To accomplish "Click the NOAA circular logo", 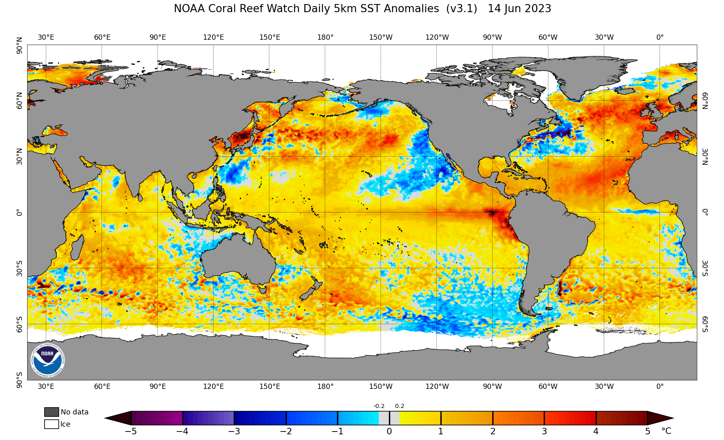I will [x=47, y=360].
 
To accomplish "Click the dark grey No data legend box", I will [x=51, y=412].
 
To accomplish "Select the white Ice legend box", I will [x=51, y=424].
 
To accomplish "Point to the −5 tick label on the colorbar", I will [x=130, y=431].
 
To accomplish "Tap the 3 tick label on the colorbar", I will [x=544, y=431].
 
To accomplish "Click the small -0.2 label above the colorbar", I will [x=379, y=406].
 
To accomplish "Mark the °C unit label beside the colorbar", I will [x=666, y=431].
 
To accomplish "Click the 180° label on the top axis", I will [x=325, y=37].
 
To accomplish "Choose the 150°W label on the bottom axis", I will [x=381, y=386].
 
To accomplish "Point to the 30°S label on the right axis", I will [x=705, y=268].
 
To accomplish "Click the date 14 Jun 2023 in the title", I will [x=519, y=9].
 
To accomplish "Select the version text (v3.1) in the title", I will [x=461, y=9].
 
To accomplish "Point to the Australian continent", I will [x=237, y=260].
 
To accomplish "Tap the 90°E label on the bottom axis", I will [x=158, y=386].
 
